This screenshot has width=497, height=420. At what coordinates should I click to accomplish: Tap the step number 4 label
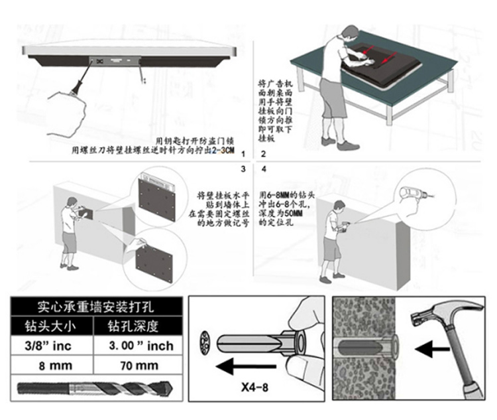pyautogui.click(x=264, y=169)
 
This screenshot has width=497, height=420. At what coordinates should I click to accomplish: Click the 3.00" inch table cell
pyautogui.click(x=140, y=346)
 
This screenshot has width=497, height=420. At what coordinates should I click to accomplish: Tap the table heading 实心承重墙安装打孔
pyautogui.click(x=97, y=307)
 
